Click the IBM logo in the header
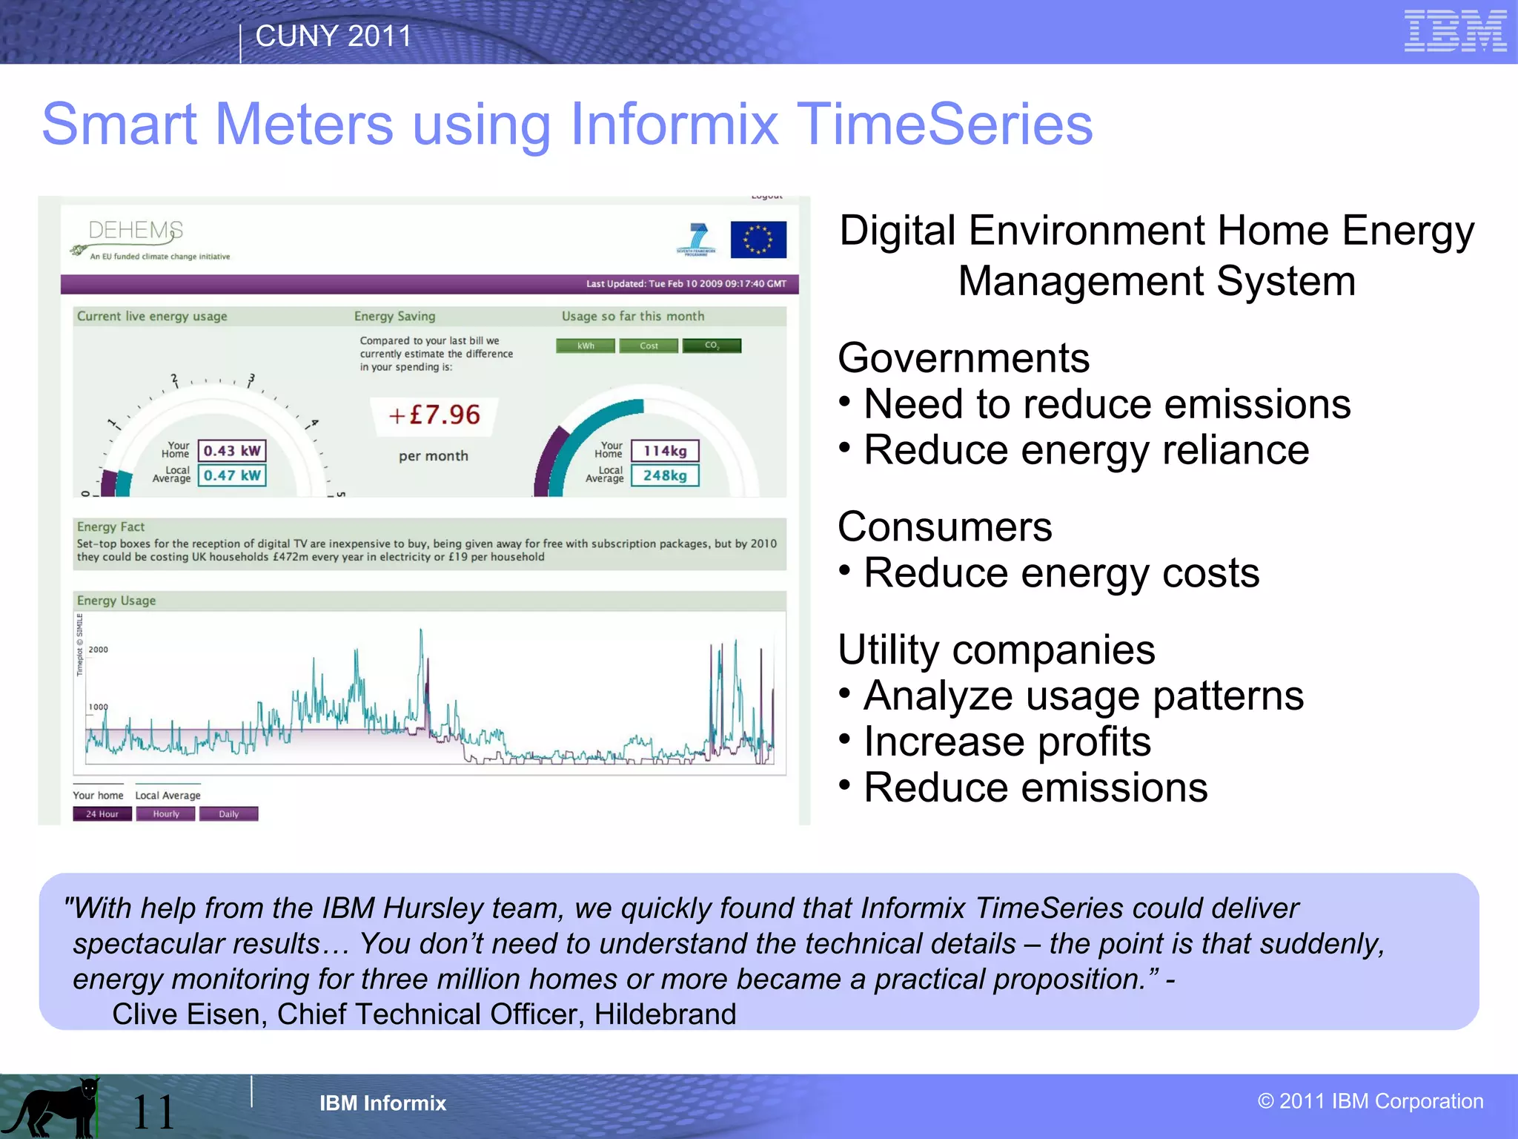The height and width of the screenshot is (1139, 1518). tap(1455, 31)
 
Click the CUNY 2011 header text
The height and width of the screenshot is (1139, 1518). tap(333, 36)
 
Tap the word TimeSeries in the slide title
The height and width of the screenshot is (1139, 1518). tap(944, 125)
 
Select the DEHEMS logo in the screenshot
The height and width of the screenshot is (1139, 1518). tap(136, 231)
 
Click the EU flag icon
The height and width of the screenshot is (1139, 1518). tap(758, 240)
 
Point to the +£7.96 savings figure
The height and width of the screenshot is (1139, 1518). tap(434, 415)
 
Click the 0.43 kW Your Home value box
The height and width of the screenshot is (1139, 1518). tap(232, 451)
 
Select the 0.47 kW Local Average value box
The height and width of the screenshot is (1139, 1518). tap(232, 475)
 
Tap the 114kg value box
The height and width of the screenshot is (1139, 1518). tap(665, 451)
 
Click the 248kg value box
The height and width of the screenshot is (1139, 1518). tap(665, 475)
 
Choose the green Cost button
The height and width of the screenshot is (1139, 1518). tap(649, 346)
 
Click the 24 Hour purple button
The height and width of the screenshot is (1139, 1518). tap(102, 813)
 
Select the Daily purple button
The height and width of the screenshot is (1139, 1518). tap(228, 813)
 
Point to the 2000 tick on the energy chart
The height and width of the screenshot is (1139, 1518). tap(98, 650)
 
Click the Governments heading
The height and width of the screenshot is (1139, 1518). tap(963, 358)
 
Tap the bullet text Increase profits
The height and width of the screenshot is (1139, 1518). tap(1007, 742)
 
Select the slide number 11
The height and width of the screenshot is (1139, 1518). tap(153, 1112)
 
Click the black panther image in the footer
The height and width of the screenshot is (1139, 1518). tap(52, 1109)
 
